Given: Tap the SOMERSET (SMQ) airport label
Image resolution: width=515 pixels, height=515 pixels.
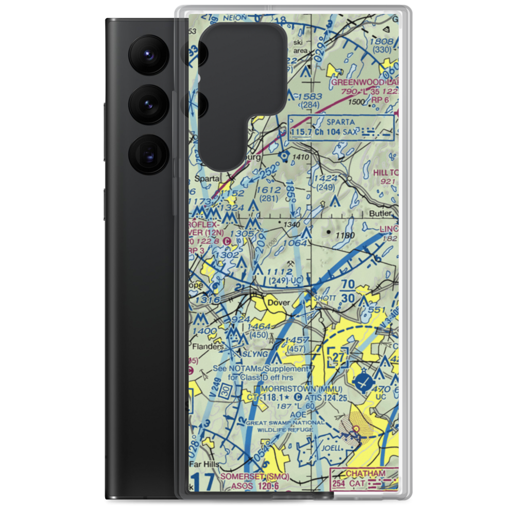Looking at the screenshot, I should point(255,476).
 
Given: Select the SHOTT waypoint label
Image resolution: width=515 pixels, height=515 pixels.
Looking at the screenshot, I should point(328,298).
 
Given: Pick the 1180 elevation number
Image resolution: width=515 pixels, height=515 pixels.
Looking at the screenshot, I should point(345,235).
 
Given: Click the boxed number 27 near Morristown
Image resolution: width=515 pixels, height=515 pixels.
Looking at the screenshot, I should point(338,356).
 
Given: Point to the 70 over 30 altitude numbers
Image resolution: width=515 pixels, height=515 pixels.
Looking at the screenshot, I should point(348,291).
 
